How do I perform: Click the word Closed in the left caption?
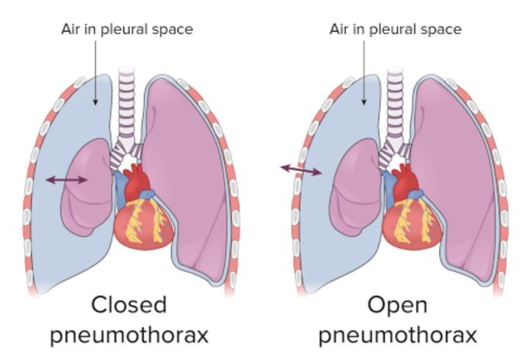point(129,304)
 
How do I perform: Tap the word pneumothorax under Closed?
point(129,335)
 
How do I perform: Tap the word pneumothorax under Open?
point(397,335)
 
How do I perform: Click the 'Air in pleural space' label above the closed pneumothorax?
point(127,29)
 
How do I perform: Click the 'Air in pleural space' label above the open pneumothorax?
point(395,29)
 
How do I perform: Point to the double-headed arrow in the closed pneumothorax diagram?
point(66,180)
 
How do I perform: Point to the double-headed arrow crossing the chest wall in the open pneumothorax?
point(301,170)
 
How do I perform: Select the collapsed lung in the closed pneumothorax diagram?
point(87,187)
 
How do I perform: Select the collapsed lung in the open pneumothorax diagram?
point(356,187)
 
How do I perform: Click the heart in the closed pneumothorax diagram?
point(144,223)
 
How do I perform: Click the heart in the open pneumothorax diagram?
point(412,223)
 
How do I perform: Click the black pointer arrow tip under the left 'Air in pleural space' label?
point(96,104)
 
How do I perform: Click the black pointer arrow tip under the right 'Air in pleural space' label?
point(364,104)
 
